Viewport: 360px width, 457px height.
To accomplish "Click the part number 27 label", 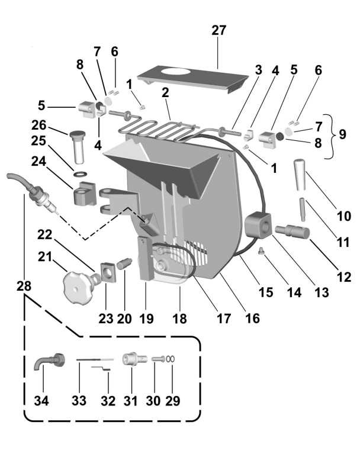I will click(x=218, y=31).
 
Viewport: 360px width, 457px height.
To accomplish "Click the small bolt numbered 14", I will click(x=261, y=252).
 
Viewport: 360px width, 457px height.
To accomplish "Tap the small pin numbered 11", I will click(x=303, y=208).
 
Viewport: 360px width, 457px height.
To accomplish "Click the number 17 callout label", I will click(x=223, y=318).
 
